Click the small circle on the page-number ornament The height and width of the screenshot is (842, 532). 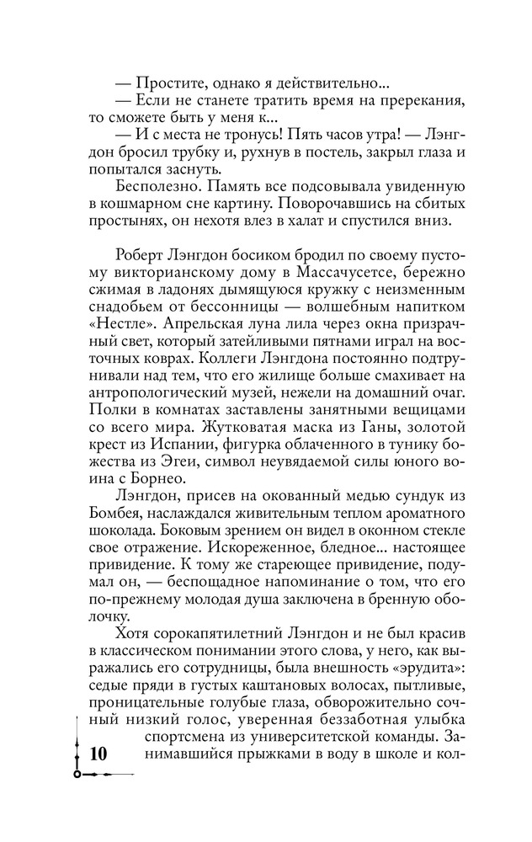click(77, 773)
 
